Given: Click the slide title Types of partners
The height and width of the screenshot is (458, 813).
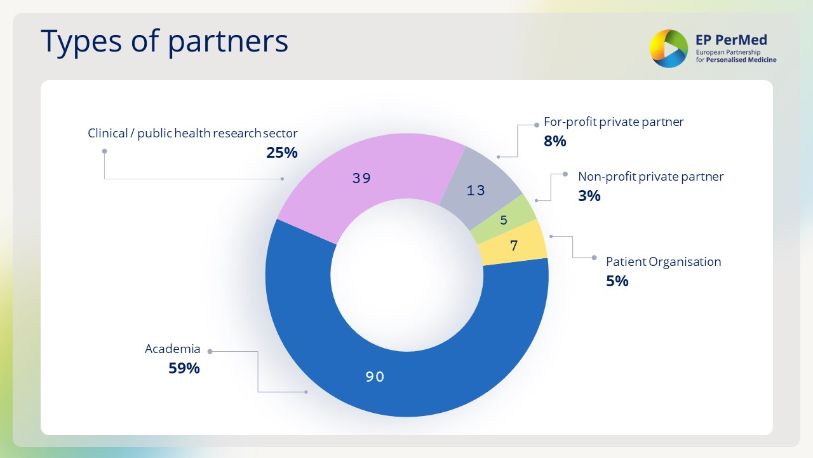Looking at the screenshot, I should tap(165, 41).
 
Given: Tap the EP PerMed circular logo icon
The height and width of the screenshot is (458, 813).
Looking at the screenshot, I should tap(668, 48).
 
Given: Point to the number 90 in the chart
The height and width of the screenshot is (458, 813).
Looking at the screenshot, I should tap(375, 377).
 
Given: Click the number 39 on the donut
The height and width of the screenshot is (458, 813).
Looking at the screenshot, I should tap(361, 178).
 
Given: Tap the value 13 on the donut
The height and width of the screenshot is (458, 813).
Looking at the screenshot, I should tap(476, 190).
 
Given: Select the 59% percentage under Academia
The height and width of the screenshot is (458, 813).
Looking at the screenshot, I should tap(184, 368).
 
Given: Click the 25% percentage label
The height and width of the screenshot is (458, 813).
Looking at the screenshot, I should tap(282, 153).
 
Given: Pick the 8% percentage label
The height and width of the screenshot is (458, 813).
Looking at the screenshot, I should tap(554, 141).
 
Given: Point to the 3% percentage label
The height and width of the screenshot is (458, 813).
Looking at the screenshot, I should tap(589, 196).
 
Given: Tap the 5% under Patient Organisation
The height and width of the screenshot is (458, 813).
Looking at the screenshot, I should tap(617, 281).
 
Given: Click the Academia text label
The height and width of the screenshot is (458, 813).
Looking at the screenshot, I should tap(172, 349).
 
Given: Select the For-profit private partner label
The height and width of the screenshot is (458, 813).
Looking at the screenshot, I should tap(614, 122).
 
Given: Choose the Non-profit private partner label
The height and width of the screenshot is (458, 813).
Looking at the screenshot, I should tap(650, 177).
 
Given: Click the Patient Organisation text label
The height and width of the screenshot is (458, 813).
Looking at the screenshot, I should tap(663, 262).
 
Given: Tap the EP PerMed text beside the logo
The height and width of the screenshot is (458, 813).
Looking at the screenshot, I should tap(732, 39).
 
